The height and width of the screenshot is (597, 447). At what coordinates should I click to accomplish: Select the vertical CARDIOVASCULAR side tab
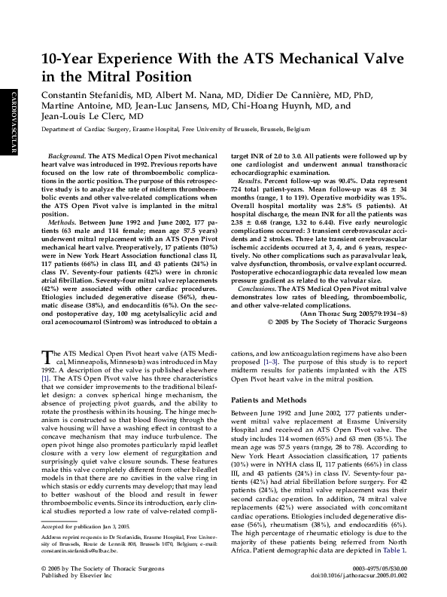[13, 121]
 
